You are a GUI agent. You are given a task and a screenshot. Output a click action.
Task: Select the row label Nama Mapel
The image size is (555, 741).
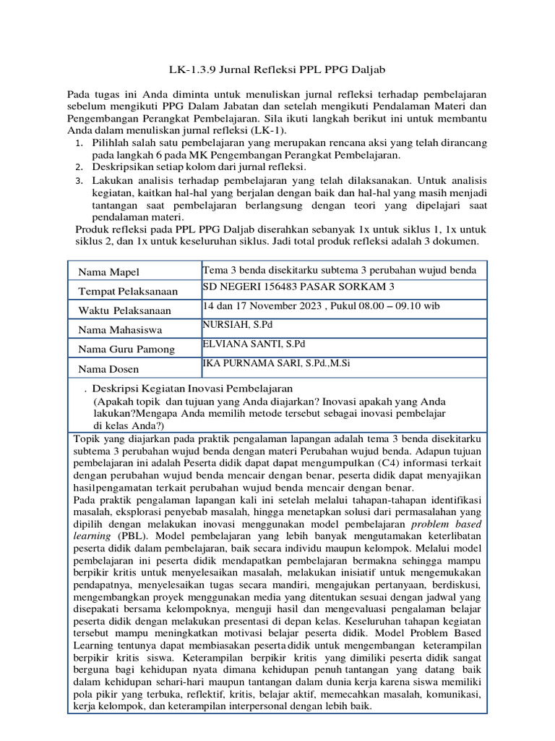tap(109, 271)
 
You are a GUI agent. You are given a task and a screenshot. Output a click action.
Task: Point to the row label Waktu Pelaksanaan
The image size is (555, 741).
tap(125, 310)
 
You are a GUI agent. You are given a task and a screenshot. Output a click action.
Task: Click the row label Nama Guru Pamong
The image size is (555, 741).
tap(126, 350)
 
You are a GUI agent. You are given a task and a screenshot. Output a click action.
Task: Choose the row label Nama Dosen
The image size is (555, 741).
tap(108, 369)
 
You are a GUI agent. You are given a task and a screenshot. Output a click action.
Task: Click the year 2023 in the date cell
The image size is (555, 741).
tap(298, 305)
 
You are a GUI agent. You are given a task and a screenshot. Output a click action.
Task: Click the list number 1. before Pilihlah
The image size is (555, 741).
tap(80, 143)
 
